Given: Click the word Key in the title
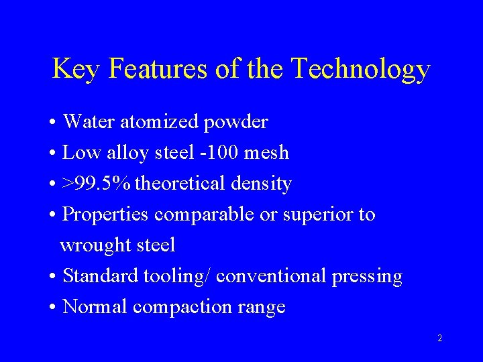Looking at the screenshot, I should pos(75,69).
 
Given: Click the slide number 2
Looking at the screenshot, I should pos(439,338).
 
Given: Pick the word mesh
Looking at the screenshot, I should pos(266,153).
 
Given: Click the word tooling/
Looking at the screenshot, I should pos(182,276).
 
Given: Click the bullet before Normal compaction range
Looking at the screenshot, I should pos(52,307).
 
